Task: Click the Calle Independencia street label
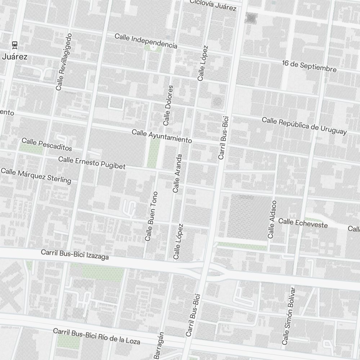coord(146,41)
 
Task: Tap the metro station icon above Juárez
coord(14,45)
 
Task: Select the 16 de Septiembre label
coord(309,66)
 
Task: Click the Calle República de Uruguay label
coord(304,126)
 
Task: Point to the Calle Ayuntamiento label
coord(162,136)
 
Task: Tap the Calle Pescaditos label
coord(47,144)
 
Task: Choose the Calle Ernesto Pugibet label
coord(92,163)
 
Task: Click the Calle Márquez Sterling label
coord(36,175)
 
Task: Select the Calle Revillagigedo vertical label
coord(64,62)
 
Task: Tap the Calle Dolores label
coord(168,105)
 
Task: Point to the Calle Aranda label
coord(177,174)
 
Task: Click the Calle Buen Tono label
coord(151,216)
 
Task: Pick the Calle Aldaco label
coord(272,220)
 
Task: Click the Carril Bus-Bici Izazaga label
coord(75,255)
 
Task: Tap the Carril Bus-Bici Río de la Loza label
coord(96,336)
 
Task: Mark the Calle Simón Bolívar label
coord(289,316)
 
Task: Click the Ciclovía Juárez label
coord(213,4)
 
